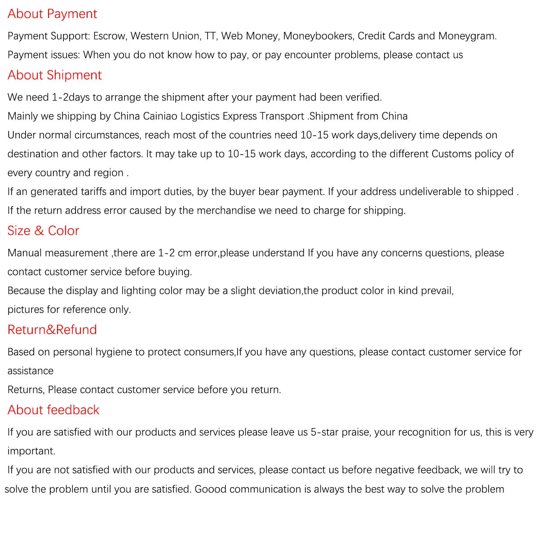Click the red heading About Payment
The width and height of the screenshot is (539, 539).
pos(52,14)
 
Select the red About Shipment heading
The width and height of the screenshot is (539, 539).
pos(54,75)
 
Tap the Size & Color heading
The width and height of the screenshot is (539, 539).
pos(43,230)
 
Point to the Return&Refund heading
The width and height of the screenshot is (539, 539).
pos(52,330)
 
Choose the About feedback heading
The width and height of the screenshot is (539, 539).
pos(53,410)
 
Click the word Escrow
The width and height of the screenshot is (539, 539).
pos(109,36)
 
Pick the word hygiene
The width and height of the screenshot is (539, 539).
pos(114,352)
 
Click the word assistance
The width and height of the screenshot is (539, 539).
pos(30,371)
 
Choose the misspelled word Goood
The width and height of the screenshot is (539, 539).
pos(210,489)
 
